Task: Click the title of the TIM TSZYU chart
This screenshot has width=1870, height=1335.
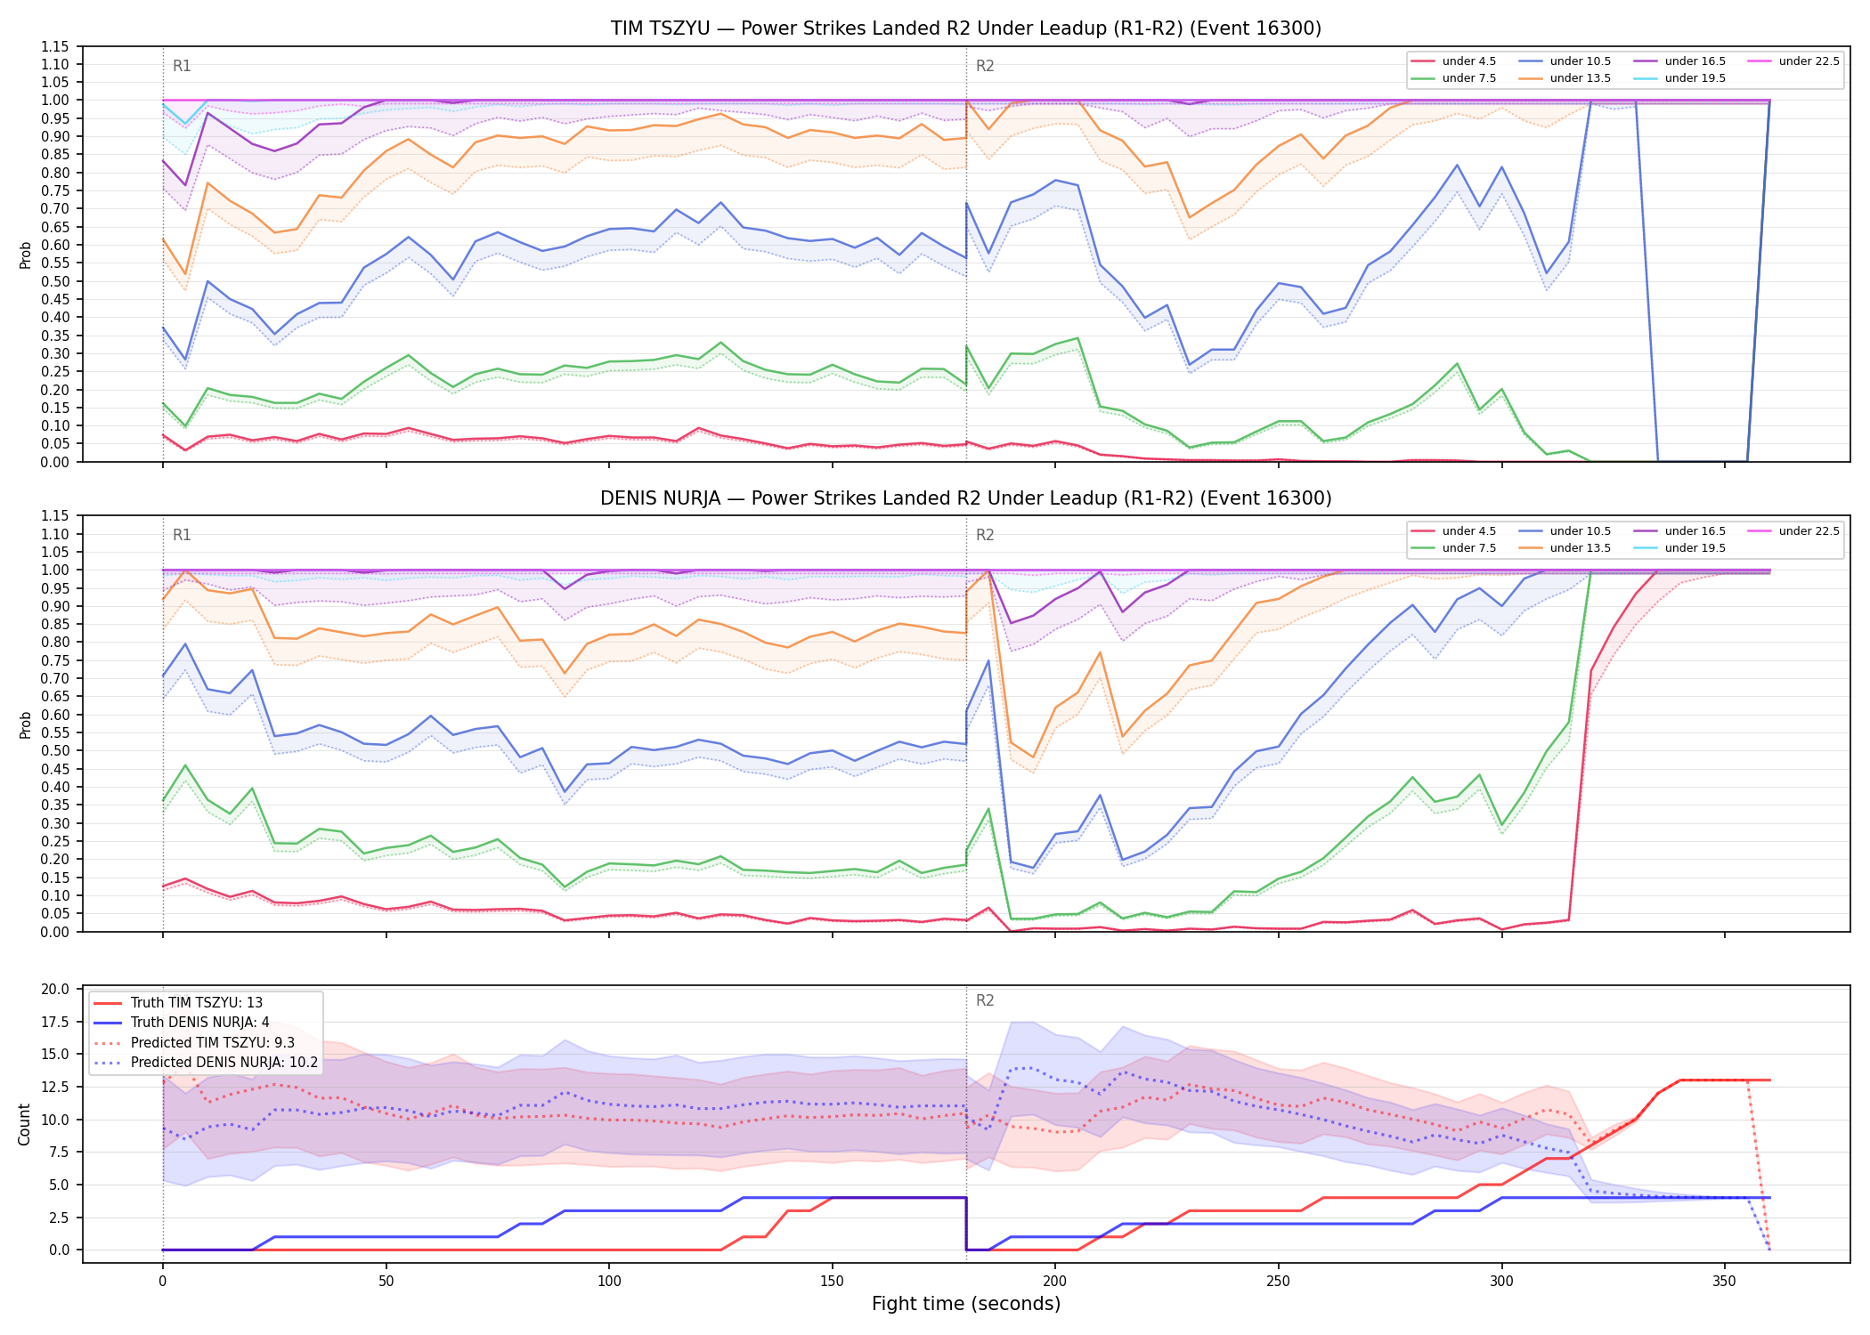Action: [x=966, y=28]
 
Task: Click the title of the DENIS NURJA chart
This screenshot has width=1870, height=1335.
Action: [x=966, y=498]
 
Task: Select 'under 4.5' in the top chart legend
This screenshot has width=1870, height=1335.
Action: [x=1468, y=61]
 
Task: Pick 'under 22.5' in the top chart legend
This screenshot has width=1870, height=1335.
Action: [x=1809, y=61]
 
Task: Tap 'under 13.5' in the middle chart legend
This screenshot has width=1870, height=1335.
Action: [x=1580, y=548]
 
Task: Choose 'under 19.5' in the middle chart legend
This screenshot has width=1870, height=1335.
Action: [x=1695, y=548]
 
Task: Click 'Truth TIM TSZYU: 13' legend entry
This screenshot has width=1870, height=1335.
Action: [x=196, y=1003]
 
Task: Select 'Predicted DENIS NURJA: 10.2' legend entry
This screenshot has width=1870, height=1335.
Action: [x=224, y=1063]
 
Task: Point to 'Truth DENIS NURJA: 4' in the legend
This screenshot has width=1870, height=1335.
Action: [x=199, y=1023]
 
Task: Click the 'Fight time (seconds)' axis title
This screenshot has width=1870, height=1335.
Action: [x=966, y=1304]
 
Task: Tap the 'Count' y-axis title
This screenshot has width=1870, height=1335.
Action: [x=24, y=1124]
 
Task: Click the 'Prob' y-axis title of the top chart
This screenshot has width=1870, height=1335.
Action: [x=25, y=255]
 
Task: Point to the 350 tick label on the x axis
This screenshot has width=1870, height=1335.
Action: [x=1724, y=1282]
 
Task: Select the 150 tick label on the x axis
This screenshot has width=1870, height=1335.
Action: [x=832, y=1282]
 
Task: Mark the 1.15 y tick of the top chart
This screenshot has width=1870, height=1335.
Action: [x=54, y=46]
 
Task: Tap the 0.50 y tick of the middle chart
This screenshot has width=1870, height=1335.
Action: [x=54, y=751]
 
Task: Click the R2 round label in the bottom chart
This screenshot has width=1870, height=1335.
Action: [x=985, y=1000]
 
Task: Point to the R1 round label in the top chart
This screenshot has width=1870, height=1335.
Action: [x=182, y=66]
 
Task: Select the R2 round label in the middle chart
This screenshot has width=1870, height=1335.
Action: [x=985, y=535]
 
